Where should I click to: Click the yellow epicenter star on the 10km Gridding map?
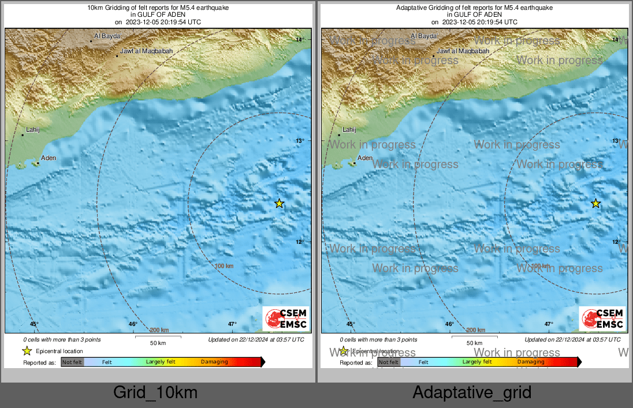(279, 203)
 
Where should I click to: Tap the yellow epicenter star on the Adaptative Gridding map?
(595, 203)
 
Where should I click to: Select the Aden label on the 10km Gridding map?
(49, 158)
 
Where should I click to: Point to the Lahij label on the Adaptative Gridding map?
(349, 130)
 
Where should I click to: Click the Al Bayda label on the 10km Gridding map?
(107, 36)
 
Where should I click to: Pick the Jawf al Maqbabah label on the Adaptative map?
(463, 51)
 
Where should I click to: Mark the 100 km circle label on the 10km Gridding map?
(224, 266)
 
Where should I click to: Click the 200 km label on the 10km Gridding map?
(159, 330)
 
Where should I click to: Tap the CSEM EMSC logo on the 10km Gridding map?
(286, 319)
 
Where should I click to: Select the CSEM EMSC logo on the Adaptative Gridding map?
(602, 319)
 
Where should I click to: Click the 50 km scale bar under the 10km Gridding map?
(158, 337)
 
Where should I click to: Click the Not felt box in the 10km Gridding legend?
(72, 362)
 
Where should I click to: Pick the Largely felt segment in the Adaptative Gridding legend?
(477, 362)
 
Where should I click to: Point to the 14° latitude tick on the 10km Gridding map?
(300, 40)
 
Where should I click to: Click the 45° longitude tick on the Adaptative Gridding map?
(351, 324)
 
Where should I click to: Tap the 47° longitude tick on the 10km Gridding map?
(232, 324)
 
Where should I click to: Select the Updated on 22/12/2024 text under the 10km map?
(256, 340)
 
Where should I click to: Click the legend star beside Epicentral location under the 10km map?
(27, 351)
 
